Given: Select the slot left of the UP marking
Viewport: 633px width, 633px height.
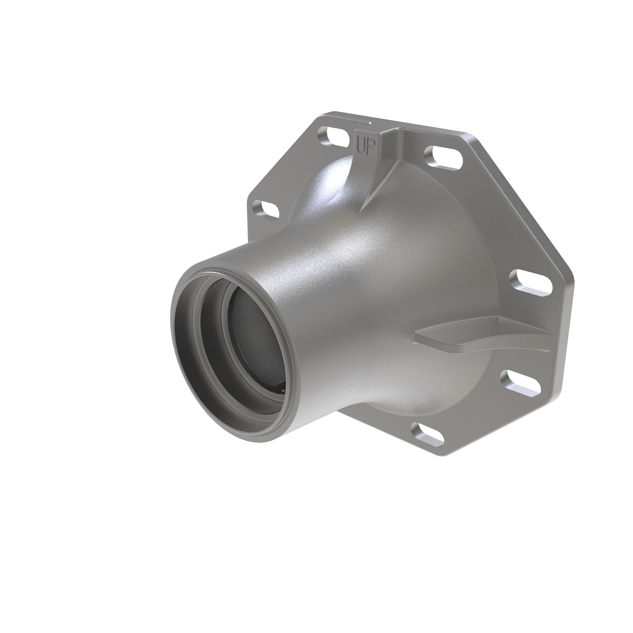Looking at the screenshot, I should pos(334,136).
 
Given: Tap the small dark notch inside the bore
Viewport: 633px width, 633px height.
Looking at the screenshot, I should pos(283,388).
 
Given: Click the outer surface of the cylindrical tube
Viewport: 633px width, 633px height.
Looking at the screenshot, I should pos(316,295).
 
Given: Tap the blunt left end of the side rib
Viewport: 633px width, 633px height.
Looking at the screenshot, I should pos(419,335).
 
